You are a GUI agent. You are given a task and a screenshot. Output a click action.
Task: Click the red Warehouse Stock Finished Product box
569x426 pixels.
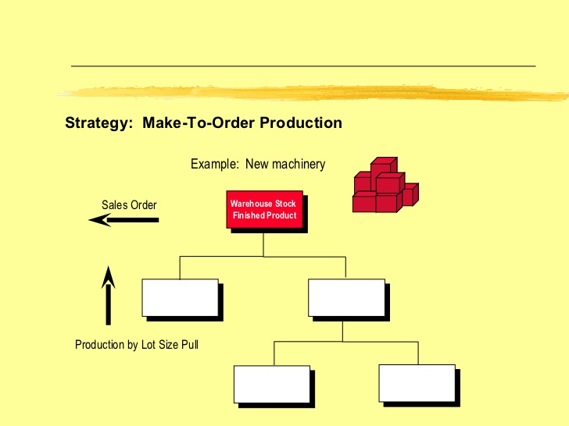tap(263, 209)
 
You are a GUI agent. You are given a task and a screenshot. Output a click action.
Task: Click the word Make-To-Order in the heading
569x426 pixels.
tap(199, 123)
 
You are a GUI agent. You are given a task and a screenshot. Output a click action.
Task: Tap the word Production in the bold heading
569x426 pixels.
tap(301, 123)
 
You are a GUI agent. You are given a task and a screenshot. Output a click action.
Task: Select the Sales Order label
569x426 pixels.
tap(129, 205)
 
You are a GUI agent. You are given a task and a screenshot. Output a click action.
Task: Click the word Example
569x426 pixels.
tap(215, 165)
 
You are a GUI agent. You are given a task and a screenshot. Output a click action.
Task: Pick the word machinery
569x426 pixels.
tap(297, 165)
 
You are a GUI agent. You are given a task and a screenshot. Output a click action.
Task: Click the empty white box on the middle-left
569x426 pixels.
tap(180, 297)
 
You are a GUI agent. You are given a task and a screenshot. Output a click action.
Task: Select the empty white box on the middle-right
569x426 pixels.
tap(345, 297)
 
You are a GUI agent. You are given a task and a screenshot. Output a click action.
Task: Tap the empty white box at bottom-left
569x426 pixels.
tap(272, 382)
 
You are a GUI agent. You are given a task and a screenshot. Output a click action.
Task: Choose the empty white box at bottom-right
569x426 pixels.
tap(417, 382)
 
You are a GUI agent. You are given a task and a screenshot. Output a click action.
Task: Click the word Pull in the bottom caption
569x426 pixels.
tap(188, 344)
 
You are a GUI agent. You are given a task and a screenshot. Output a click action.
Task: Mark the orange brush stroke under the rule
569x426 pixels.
tap(313, 92)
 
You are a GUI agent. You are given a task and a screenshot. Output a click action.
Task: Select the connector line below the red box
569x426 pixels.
tap(263, 243)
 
